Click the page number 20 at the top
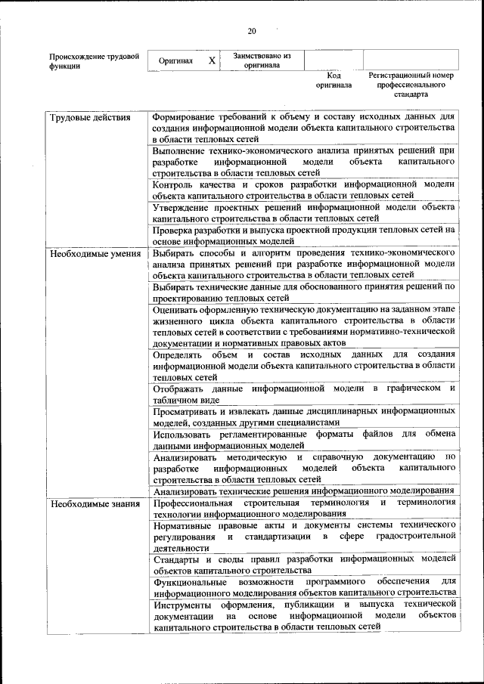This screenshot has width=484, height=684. tap(252, 31)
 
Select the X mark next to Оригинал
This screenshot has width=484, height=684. tap(212, 60)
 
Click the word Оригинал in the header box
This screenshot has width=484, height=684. tap(176, 61)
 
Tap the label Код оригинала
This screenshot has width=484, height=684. tap(334, 81)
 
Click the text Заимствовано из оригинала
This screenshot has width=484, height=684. tap(262, 60)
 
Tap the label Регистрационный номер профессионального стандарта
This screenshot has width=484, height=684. tap(411, 85)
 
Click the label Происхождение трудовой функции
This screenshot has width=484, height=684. tap(94, 60)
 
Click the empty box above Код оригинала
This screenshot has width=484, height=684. tap(334, 60)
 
